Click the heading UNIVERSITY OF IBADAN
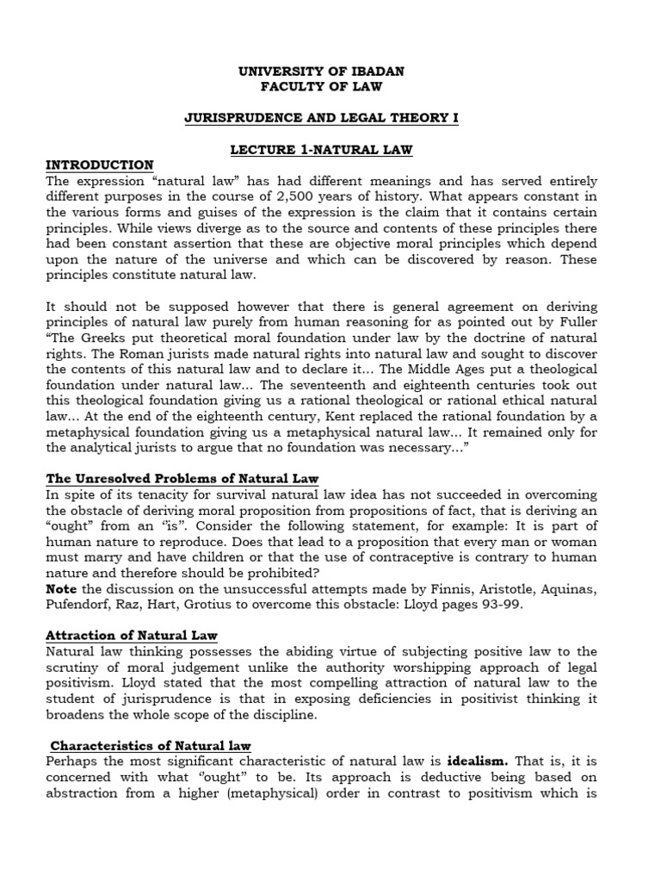click(321, 71)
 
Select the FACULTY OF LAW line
click(321, 86)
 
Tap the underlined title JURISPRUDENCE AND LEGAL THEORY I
click(321, 118)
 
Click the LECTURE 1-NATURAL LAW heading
click(321, 150)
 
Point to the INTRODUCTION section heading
click(100, 165)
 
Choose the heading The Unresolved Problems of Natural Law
click(182, 478)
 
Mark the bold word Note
click(62, 588)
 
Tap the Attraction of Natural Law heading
click(131, 636)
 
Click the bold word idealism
click(477, 762)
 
